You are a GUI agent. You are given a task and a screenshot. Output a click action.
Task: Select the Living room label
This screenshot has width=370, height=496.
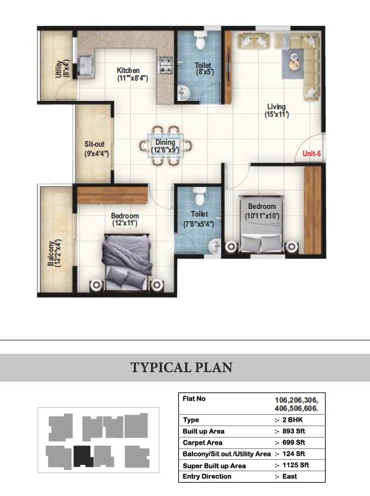click(x=277, y=111)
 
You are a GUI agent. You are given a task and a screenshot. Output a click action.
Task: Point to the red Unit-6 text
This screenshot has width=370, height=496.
click(x=311, y=154)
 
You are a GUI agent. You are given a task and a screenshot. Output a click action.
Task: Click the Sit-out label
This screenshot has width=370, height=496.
click(x=95, y=148)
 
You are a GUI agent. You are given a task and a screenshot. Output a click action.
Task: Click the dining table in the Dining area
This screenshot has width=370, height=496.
click(x=165, y=147)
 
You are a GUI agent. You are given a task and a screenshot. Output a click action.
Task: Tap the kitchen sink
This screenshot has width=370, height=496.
click(x=86, y=64)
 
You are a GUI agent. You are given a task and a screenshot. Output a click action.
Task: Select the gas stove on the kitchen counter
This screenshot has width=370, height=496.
click(x=166, y=64)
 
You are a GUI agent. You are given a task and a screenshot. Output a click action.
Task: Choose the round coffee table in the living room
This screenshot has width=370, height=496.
click(x=294, y=62)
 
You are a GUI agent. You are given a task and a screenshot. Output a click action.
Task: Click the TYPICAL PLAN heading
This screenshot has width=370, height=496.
click(x=182, y=368)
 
